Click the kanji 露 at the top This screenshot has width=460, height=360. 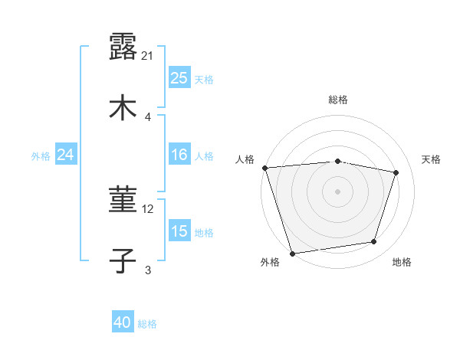pos(123,47)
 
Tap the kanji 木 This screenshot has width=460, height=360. pos(123,106)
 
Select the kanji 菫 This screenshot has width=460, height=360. pos(123,201)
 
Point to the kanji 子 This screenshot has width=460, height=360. pos(123,260)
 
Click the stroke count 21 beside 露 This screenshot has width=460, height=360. pos(148,56)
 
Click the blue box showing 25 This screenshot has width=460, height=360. pos(179,77)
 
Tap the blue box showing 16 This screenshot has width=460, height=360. pos(179,155)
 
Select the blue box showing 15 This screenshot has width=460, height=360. pos(179,231)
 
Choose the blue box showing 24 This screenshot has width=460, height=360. pos(66,155)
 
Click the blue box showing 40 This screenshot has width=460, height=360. pos(123,323)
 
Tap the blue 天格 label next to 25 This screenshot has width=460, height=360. pos(204,79)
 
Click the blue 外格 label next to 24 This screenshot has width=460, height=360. pos(41,155)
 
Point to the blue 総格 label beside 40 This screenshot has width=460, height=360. pos(147,324)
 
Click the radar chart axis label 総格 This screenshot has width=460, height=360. pos(338,100)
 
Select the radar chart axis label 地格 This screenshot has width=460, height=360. pos(402,262)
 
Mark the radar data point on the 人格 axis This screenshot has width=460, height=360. pos(264,168)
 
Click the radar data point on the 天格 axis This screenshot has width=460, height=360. pos(396,172)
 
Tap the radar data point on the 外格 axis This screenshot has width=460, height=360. pos(292,253)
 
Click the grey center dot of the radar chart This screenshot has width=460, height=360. pos(337,191)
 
